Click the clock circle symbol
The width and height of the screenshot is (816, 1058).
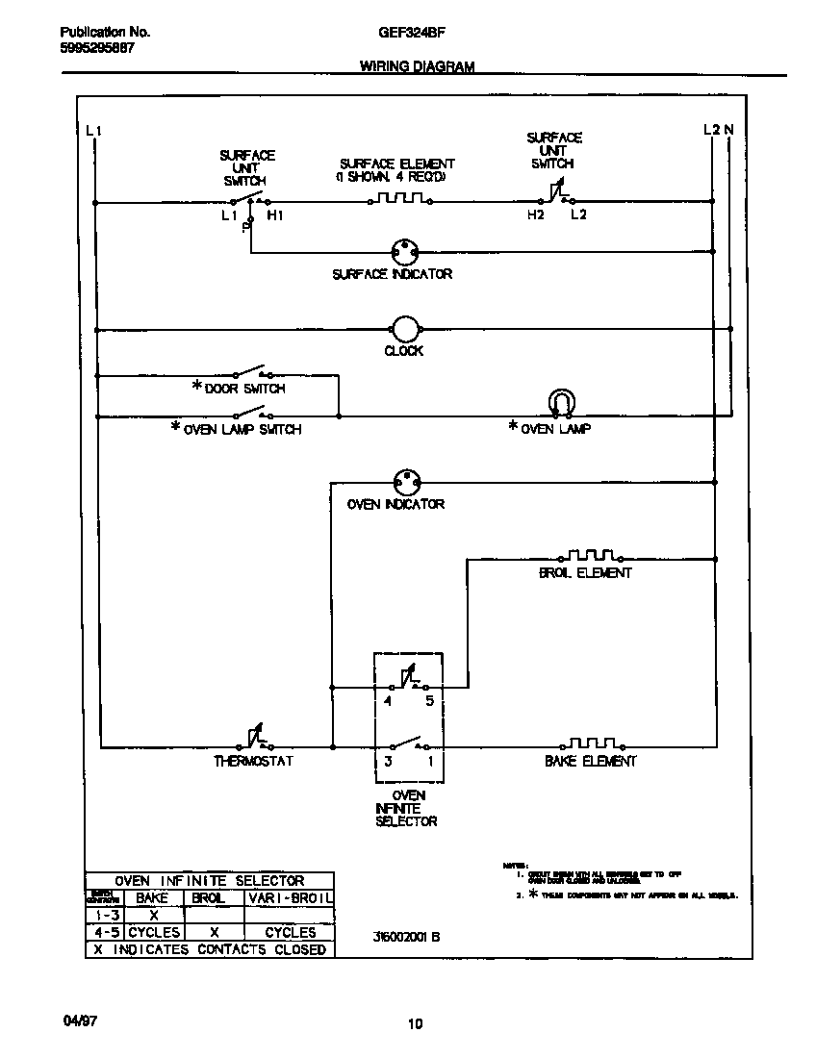point(404,328)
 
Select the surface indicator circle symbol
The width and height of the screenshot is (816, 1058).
point(404,252)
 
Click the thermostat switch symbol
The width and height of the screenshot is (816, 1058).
point(253,740)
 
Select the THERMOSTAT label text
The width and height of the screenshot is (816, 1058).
point(253,762)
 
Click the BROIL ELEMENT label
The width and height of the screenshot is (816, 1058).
point(585,573)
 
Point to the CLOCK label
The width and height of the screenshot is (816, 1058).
point(404,351)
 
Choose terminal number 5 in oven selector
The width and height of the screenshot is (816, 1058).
point(429,701)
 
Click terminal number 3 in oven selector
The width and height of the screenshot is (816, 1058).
point(388,761)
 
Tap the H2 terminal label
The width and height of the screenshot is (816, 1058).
point(535,215)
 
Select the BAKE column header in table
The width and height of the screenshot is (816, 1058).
point(153,896)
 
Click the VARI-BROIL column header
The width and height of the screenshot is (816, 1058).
point(290,896)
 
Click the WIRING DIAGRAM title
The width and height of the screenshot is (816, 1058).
point(417,67)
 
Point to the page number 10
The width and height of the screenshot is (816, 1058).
point(415,1024)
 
